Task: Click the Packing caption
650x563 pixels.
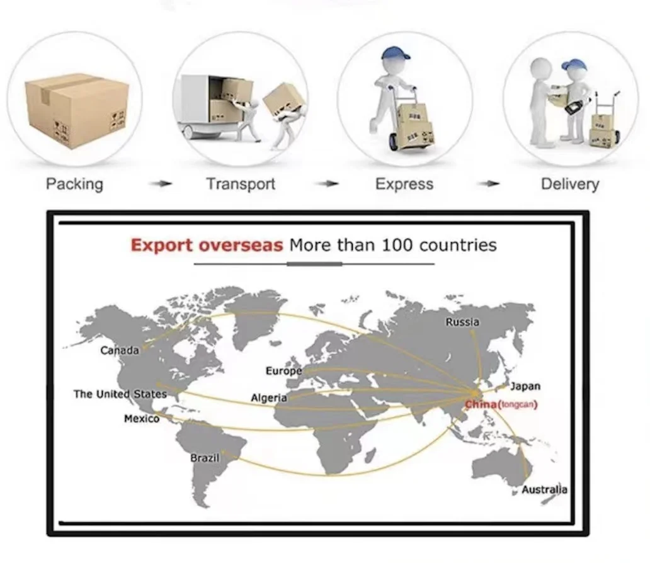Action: (74, 185)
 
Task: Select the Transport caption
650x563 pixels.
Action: (241, 185)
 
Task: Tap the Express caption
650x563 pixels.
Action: (404, 185)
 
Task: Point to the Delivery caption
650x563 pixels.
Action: (570, 185)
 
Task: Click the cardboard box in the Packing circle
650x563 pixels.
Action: (77, 110)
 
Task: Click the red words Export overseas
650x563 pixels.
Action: (207, 245)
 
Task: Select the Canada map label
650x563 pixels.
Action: (120, 350)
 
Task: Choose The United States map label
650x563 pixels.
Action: (120, 394)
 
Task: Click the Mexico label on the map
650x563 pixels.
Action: (141, 419)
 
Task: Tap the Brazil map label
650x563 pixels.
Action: (205, 458)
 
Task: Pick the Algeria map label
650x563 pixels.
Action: (269, 398)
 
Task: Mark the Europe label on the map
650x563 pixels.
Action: (283, 372)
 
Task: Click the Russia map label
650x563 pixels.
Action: (462, 322)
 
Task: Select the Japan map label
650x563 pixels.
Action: (525, 386)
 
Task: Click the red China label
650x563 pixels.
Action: (481, 404)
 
